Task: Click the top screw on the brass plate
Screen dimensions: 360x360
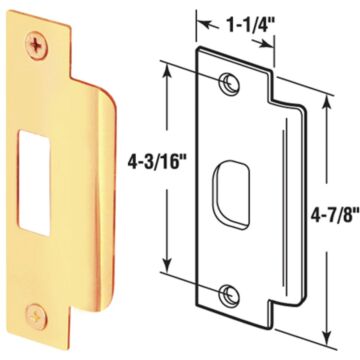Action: pos(38,44)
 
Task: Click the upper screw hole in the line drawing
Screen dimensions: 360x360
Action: pos(231,84)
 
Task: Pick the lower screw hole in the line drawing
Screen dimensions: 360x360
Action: pos(231,294)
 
